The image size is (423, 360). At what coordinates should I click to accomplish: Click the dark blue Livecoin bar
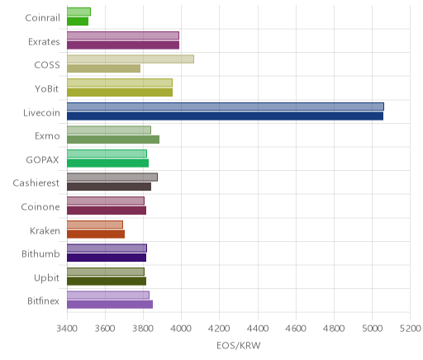coord(225,116)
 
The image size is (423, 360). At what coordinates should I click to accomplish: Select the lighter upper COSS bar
coord(131,59)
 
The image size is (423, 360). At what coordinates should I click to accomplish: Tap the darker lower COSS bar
coord(103,69)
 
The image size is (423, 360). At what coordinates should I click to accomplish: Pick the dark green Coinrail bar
coord(78,21)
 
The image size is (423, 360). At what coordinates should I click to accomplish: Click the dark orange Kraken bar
coord(96,234)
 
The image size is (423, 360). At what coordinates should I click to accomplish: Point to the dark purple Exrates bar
coord(123,45)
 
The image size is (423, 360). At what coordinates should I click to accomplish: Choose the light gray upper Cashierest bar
coord(112,178)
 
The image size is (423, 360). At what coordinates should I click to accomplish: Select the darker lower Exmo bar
coord(113,140)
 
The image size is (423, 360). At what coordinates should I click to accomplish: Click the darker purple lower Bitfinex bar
coord(110,305)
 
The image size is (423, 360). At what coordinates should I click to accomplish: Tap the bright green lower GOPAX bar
coord(107,163)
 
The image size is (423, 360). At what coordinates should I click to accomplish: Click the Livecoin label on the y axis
coord(41,112)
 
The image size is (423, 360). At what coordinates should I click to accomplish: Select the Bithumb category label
coord(40,253)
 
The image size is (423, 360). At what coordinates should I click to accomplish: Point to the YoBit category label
coord(47,88)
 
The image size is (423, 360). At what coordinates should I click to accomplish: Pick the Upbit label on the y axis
coord(46,278)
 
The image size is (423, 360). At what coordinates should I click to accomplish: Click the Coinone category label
coord(40,206)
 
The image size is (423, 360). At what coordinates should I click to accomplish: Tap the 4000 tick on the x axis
coord(181,329)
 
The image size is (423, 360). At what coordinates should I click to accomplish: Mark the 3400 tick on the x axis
coord(67,329)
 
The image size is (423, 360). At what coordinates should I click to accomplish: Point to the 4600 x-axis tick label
coord(296,329)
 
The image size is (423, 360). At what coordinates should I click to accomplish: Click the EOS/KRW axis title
coord(239,345)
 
